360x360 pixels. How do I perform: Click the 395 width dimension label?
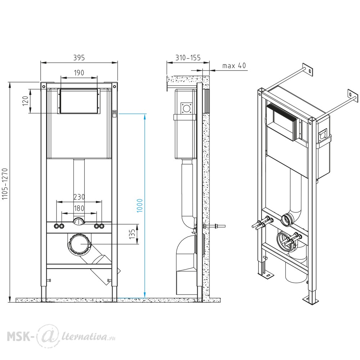tap(79, 57)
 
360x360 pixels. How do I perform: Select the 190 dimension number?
tap(79, 73)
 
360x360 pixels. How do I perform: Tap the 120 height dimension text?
tap(26, 101)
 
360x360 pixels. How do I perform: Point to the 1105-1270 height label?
tap(5, 184)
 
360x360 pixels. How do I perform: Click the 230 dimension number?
tap(79, 197)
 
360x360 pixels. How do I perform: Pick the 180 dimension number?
tap(79, 208)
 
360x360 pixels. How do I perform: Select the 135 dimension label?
tap(132, 234)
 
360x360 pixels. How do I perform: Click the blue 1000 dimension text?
tap(140, 206)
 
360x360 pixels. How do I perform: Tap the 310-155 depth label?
tap(188, 57)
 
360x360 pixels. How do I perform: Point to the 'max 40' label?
tap(234, 66)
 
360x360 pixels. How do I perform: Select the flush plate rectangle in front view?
tap(79, 101)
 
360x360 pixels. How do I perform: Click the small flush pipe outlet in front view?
tap(79, 221)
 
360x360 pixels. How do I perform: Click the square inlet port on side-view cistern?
tap(186, 108)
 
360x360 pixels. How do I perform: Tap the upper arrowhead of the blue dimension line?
tap(145, 117)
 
